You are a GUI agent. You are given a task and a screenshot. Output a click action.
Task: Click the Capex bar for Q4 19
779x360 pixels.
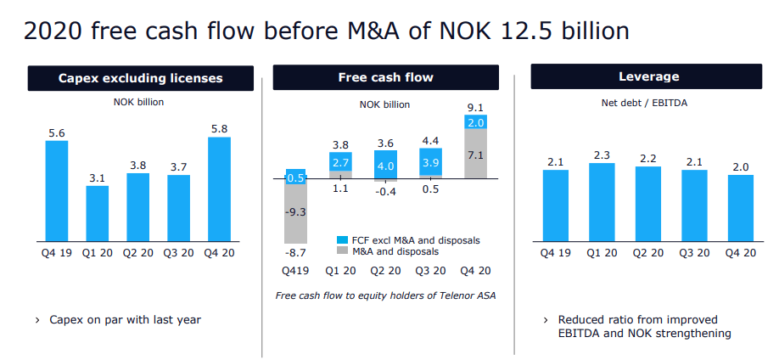57,190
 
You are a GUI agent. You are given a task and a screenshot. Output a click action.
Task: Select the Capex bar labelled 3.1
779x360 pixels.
98,212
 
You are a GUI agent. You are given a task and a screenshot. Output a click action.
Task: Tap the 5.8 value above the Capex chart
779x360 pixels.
218,127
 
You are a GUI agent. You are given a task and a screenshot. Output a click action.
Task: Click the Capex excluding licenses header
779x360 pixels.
140,78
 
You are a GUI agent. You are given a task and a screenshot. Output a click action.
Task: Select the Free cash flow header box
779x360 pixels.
385,77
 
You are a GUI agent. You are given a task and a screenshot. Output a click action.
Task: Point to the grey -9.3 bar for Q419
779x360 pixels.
295,212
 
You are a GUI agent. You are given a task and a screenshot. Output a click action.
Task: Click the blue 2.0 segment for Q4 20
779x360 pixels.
476,123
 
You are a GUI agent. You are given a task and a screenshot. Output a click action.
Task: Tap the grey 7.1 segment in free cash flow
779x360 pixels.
476,155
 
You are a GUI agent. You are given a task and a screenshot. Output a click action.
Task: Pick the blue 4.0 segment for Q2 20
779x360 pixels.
385,166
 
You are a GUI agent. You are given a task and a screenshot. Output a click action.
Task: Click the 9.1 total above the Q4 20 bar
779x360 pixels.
476,108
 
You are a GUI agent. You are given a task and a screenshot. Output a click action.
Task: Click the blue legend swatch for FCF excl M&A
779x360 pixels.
343,240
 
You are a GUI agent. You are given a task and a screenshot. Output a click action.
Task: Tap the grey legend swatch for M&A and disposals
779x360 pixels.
343,252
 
